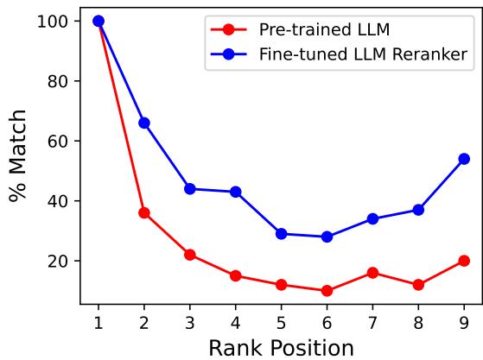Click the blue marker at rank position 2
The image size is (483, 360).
pos(144,123)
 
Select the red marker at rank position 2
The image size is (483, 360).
pos(144,212)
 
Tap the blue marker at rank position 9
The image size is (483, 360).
pos(464,159)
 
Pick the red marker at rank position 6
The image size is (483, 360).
pos(327,291)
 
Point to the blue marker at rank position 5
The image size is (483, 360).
pos(281,234)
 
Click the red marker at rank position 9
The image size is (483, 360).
pos(464,261)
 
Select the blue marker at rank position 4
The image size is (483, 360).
pos(235,192)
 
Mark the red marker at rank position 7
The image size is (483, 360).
pos(372,273)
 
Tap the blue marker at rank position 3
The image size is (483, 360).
pos(189,189)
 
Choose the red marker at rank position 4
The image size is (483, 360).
pos(235,276)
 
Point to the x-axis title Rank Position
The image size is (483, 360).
pos(281,347)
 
